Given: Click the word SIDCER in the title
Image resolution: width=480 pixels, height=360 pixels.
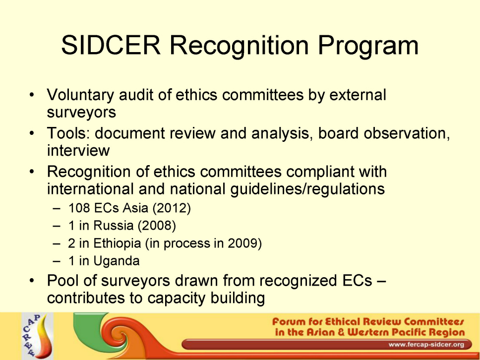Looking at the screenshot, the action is (x=111, y=45).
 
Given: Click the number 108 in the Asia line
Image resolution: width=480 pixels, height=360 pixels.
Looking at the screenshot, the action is (x=79, y=208).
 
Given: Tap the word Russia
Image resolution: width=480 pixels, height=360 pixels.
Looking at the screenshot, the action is (x=113, y=226).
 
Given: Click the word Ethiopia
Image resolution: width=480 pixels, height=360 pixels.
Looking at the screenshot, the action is (x=117, y=243).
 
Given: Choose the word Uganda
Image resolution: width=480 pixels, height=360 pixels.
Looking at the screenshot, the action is (x=117, y=261).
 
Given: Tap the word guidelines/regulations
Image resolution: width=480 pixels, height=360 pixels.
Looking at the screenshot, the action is (x=307, y=189).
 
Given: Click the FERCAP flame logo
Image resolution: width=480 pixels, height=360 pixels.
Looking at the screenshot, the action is (x=37, y=336).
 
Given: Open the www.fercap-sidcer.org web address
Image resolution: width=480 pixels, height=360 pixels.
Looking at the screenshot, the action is (x=426, y=345).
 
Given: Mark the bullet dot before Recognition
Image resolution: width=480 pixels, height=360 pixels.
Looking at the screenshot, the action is (x=32, y=172).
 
